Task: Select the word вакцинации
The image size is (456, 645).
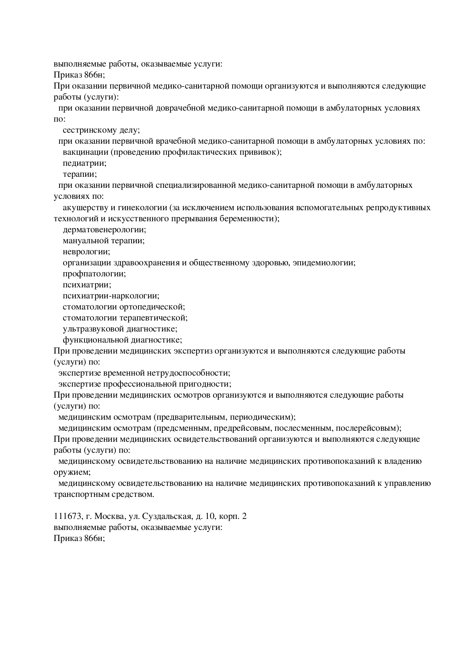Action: point(86,152)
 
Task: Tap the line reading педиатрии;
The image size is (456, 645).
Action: point(85,163)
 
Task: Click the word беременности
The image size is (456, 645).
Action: point(250,219)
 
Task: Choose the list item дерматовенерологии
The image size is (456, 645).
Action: point(104,230)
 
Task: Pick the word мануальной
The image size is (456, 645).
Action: point(86,241)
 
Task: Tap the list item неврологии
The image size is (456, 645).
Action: point(86,252)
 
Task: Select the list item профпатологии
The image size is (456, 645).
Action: point(94,274)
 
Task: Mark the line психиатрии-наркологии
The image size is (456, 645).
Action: point(111,296)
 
